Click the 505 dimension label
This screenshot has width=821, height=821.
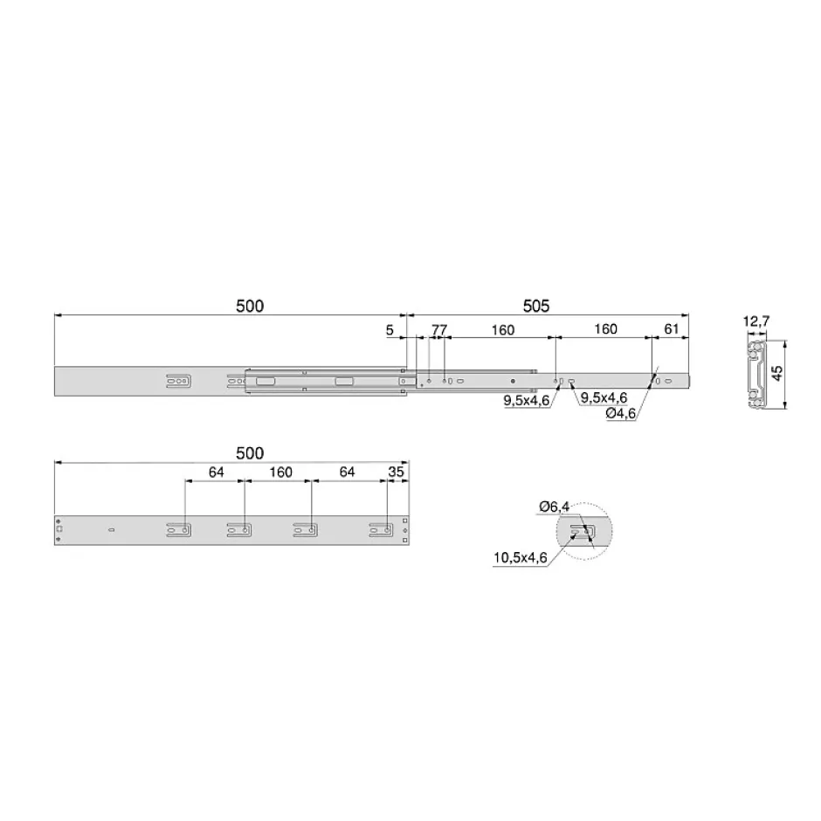(536, 306)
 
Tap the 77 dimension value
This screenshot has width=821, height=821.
(439, 330)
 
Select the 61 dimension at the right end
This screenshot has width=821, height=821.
(672, 328)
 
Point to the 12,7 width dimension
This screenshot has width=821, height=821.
(756, 321)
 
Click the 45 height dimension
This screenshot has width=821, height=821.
(777, 373)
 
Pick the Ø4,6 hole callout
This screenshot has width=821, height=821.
(621, 413)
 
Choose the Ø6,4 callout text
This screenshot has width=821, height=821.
(554, 507)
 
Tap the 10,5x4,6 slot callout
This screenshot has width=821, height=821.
(520, 557)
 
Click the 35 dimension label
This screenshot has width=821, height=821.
(396, 472)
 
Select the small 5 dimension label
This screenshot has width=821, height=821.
(390, 330)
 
